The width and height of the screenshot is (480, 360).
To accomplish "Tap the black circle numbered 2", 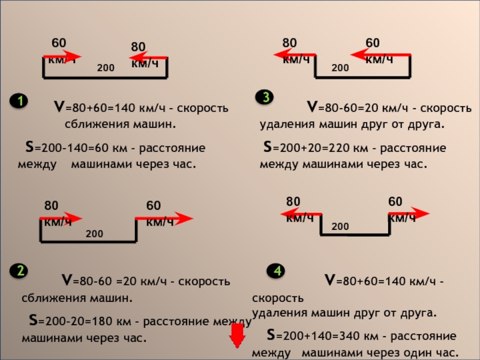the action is [x=20, y=271].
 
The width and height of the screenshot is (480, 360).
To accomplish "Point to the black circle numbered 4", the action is [x=277, y=272].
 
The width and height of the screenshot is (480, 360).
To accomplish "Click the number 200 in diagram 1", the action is [x=105, y=68].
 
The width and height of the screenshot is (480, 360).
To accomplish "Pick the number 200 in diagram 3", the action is [x=340, y=68].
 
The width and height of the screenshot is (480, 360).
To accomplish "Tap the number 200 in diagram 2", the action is [x=94, y=233].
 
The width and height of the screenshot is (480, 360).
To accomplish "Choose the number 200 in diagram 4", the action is [x=340, y=226].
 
